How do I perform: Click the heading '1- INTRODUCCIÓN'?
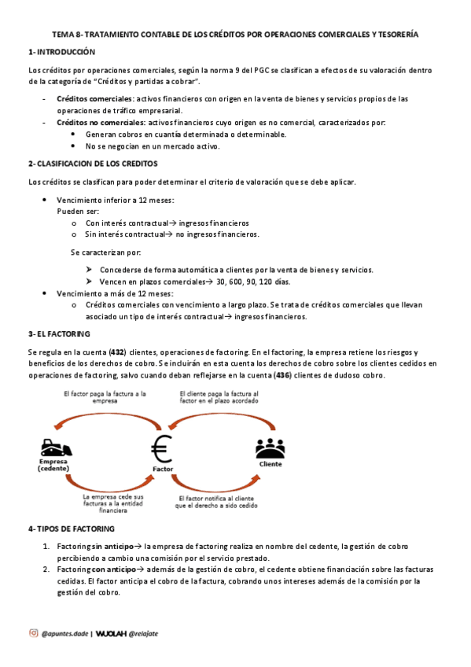[x=61, y=52]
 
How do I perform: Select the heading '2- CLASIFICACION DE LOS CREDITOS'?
[x=93, y=164]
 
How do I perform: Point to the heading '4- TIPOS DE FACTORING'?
[x=72, y=529]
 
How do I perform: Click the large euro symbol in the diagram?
[x=162, y=448]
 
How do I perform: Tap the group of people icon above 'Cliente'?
[x=270, y=448]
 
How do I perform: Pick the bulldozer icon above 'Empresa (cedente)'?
[x=56, y=449]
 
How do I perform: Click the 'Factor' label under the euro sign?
[x=163, y=469]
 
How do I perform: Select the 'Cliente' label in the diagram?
[x=270, y=464]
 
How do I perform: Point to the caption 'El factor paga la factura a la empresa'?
[x=105, y=396]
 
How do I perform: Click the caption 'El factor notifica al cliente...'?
[x=224, y=502]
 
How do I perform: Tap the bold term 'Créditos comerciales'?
[x=95, y=99]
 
